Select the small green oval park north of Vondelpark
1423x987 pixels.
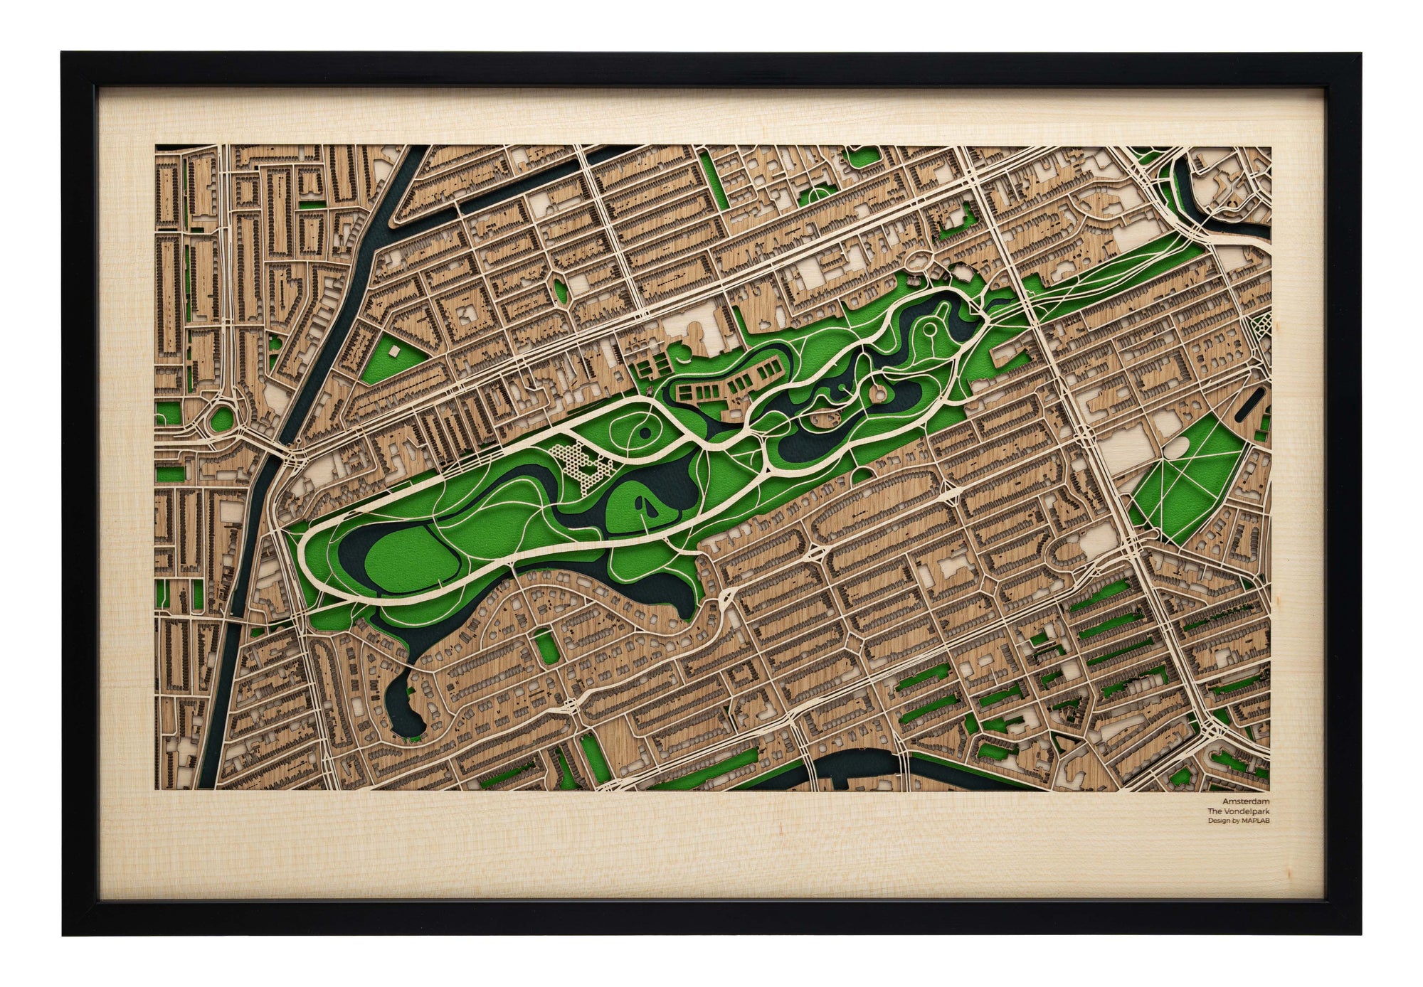point(560,289)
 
